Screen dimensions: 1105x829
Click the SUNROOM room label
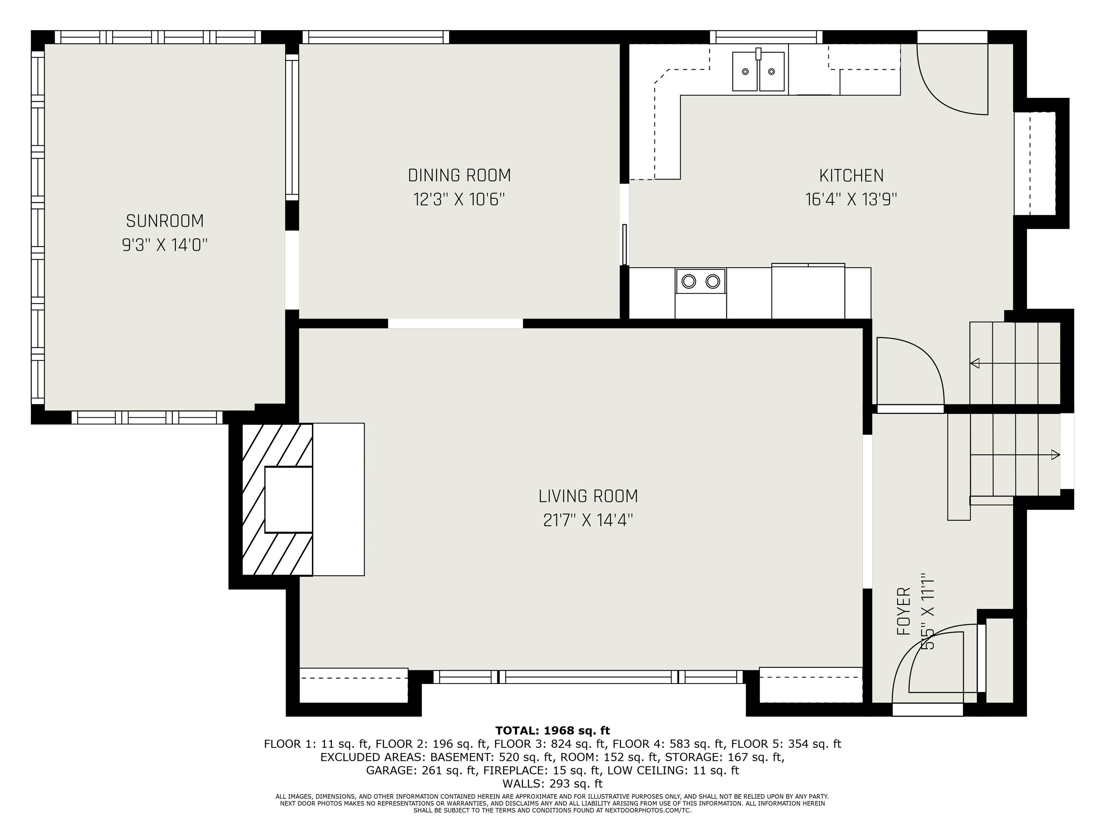click(165, 221)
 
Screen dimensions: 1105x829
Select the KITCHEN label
click(851, 175)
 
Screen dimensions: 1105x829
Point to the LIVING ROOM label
click(588, 496)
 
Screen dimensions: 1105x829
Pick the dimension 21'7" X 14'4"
click(588, 520)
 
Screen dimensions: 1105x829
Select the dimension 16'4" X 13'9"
click(851, 199)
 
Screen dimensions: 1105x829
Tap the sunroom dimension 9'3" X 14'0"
click(165, 245)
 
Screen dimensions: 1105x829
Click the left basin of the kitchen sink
click(745, 72)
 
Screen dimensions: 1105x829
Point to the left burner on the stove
click(689, 281)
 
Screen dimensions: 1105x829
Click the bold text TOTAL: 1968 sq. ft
click(552, 730)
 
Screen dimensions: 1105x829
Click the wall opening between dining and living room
click(456, 323)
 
